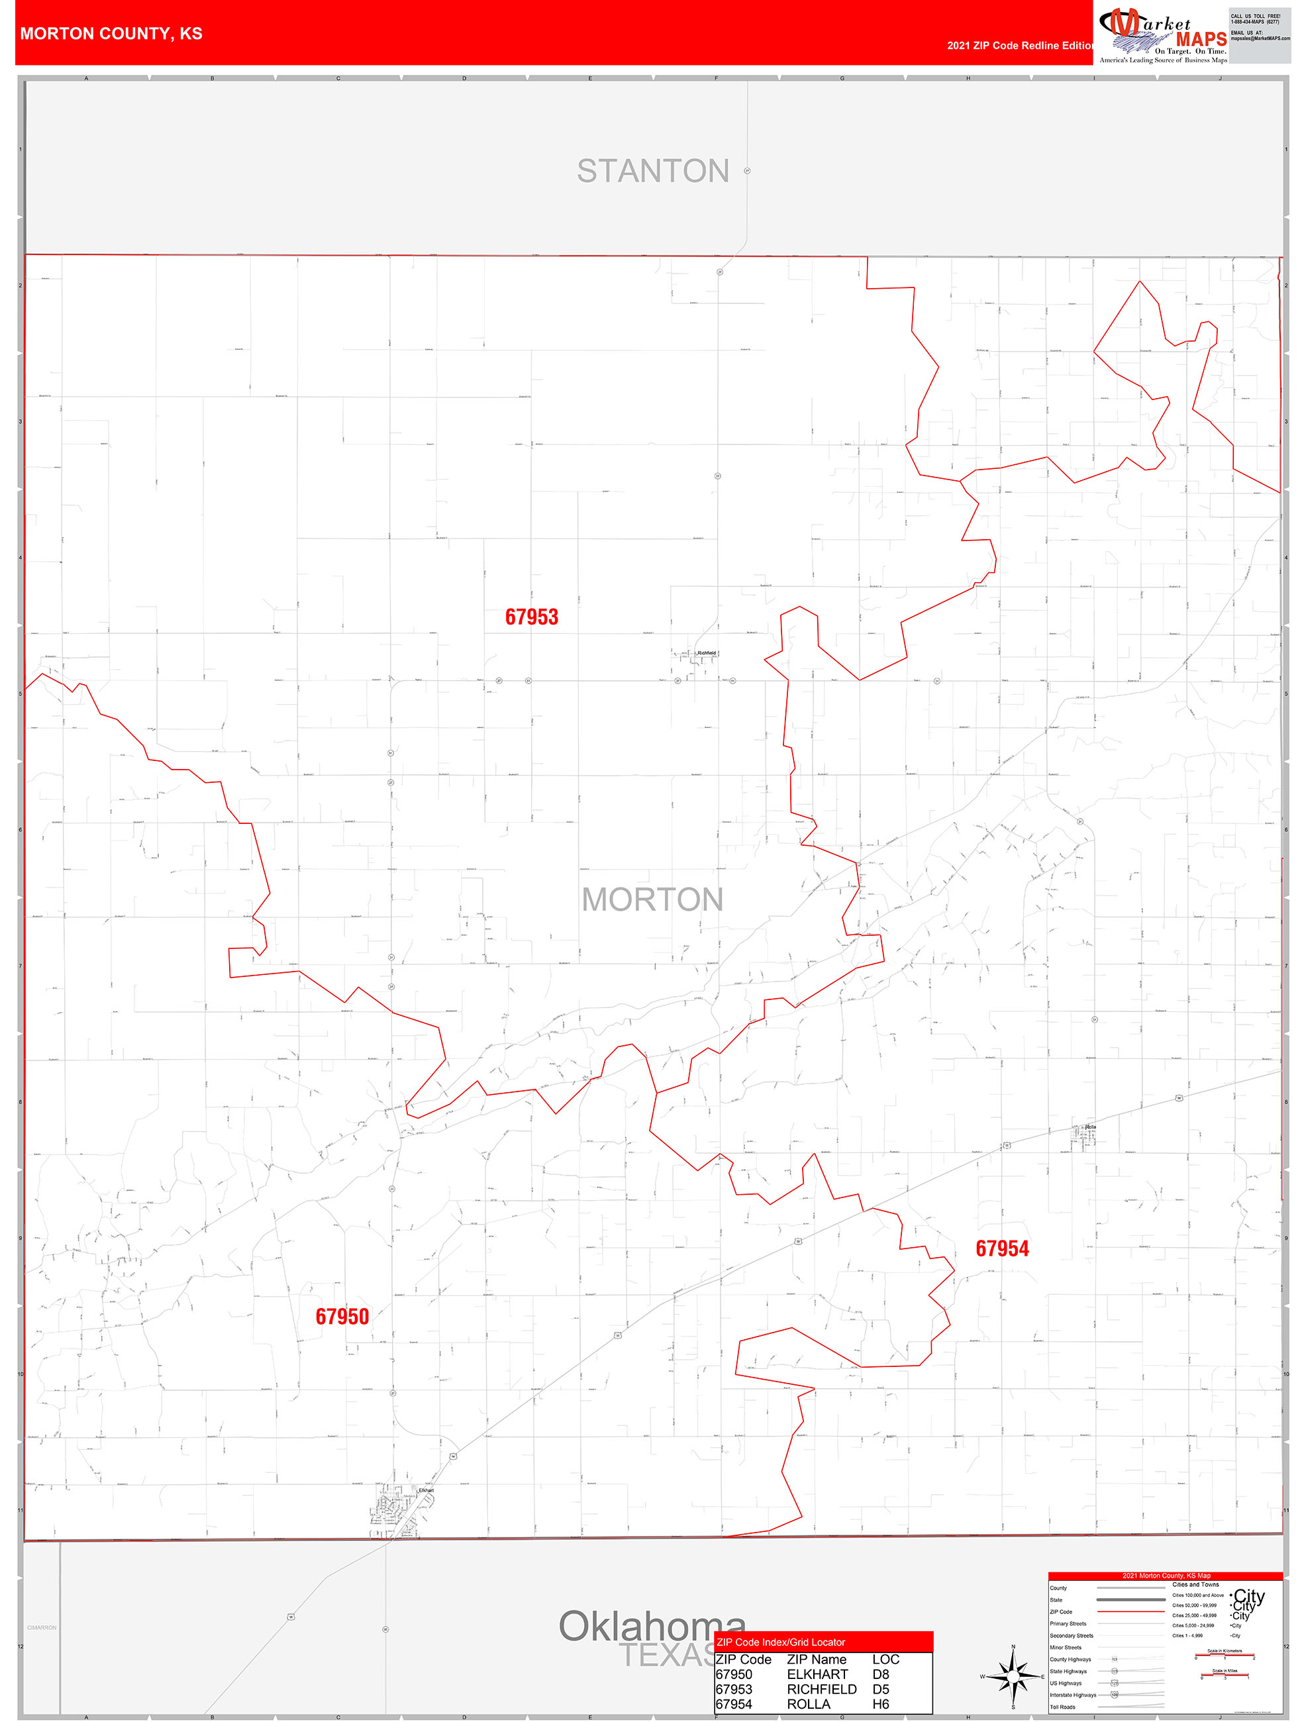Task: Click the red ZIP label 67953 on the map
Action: pos(532,617)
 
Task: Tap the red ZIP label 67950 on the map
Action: pos(342,1317)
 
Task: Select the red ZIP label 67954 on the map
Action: pos(1002,1248)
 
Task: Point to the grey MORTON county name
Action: pos(652,900)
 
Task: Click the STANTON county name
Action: pos(652,172)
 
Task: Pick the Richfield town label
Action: pos(706,653)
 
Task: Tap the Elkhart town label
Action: pos(426,1490)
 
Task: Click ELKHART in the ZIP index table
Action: pos(817,1674)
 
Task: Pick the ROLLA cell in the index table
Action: pos(808,1704)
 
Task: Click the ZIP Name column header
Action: pos(817,1659)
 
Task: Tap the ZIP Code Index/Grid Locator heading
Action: pos(781,1642)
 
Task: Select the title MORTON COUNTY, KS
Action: pos(111,34)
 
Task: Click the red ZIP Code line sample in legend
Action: pos(1130,1611)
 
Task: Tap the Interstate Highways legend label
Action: pos(1073,1695)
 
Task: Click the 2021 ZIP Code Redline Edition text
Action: pos(1020,46)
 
